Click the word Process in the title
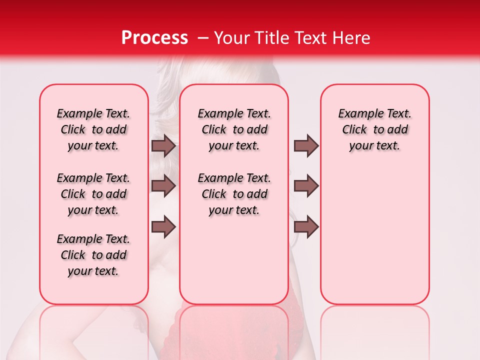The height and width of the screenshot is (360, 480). click(x=154, y=38)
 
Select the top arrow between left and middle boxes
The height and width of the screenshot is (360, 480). click(x=163, y=146)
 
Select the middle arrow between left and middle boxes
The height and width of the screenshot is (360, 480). click(x=163, y=185)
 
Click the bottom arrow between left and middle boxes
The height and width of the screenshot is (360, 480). click(x=163, y=227)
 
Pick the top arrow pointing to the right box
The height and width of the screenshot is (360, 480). click(x=306, y=146)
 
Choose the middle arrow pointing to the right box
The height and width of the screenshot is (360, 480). click(x=306, y=185)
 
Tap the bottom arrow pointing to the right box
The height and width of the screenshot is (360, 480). click(x=306, y=227)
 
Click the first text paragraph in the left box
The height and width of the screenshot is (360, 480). click(x=93, y=130)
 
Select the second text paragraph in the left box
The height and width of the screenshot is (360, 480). click(x=93, y=194)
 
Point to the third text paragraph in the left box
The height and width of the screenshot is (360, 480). click(x=93, y=255)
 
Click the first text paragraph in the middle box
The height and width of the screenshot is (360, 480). click(x=234, y=130)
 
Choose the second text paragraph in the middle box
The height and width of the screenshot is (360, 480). click(x=234, y=194)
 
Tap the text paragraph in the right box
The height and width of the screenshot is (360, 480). click(x=375, y=130)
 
